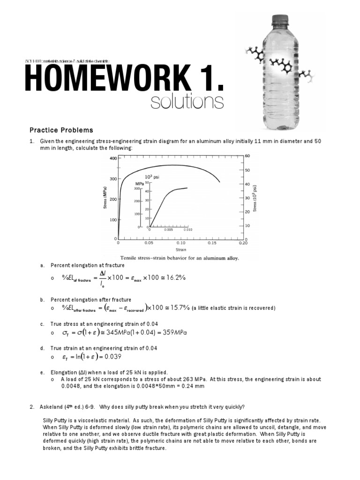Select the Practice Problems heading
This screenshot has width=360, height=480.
pos(61,130)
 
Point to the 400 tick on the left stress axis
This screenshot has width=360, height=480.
pos(112,159)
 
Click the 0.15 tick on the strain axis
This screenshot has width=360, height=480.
pos(212,244)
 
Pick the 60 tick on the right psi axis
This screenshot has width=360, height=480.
pos(247,156)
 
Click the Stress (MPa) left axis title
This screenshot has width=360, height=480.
pos(105,199)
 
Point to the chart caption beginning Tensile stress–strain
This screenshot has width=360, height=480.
pos(180,258)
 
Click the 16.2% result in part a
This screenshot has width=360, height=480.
pos(174,278)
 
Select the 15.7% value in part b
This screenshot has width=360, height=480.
pos(179,308)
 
